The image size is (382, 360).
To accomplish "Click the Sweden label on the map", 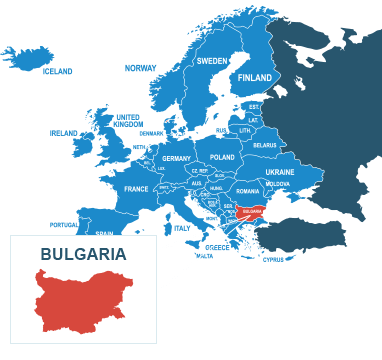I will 211,61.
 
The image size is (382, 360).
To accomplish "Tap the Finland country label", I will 255,78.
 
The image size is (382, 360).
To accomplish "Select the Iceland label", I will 57,72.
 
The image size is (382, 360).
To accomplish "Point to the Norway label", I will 140,68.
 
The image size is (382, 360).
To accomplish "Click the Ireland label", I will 63,132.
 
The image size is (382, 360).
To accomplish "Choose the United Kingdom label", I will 127,120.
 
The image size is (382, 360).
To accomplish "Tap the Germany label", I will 176,159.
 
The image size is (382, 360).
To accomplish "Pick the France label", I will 136,189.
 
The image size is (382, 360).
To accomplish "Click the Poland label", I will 222,158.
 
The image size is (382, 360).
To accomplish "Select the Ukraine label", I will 280,172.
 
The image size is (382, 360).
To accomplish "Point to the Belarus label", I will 264,146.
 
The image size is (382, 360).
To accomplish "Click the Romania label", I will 248,191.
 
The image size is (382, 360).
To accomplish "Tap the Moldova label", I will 278,184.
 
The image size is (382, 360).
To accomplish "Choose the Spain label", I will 105,234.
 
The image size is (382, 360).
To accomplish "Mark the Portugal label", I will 63,225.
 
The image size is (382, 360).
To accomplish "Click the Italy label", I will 181,228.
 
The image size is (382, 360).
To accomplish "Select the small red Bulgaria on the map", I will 252,212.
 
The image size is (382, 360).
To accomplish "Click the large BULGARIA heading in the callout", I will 83,254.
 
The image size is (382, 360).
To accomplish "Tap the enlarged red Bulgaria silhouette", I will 84,301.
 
